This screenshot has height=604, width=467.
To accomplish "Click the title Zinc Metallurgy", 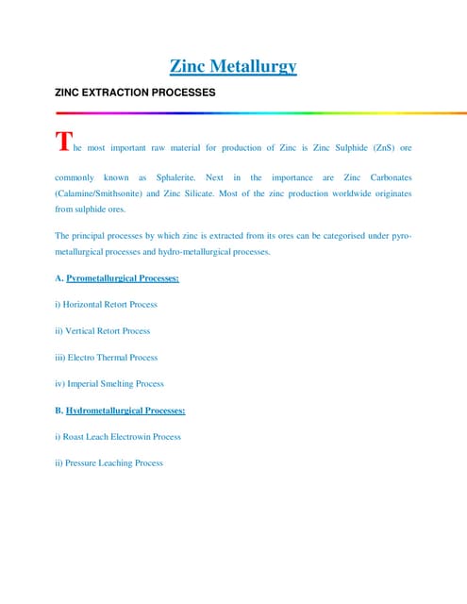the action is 233,66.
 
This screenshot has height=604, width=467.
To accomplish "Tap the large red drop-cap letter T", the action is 63,143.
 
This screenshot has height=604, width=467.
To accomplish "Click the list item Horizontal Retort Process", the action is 107,305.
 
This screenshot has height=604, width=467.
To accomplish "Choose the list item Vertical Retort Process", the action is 103,331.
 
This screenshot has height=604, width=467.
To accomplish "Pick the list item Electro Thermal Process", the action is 107,358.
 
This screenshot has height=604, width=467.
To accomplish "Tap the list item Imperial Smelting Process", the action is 109,384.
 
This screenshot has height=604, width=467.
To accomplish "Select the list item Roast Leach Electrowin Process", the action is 118,437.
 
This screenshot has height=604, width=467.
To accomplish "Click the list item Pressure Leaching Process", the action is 109,463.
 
